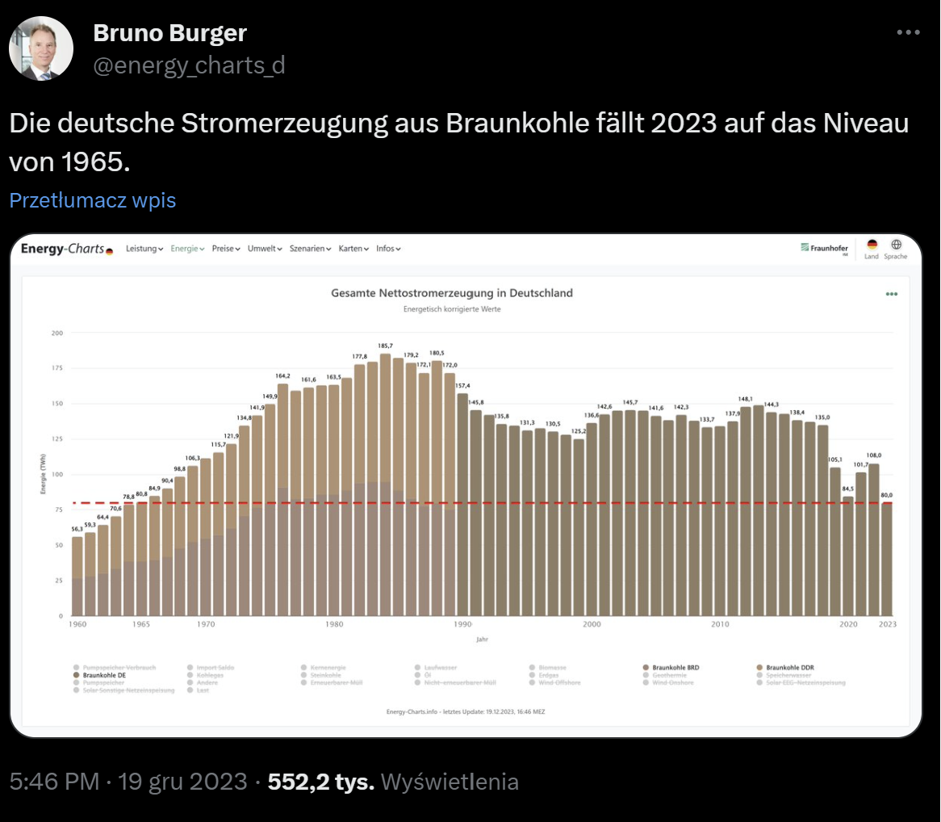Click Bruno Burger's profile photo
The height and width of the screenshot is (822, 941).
pos(41,48)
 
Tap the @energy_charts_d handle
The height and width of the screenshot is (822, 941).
pos(189,65)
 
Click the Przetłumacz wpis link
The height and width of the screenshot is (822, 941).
pos(93,200)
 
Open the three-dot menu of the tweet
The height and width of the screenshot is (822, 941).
pos(908,32)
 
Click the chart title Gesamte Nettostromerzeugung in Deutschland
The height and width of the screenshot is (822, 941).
pos(452,293)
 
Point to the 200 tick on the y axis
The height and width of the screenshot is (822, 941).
pos(56,333)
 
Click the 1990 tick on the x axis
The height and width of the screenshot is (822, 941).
pos(463,624)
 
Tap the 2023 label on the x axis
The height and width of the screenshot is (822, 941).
pos(887,624)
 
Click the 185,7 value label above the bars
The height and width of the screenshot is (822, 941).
pos(385,346)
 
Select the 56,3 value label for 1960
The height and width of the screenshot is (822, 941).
pos(77,529)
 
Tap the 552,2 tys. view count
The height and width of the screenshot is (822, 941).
pos(321,782)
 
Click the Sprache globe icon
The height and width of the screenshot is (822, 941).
pos(896,245)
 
